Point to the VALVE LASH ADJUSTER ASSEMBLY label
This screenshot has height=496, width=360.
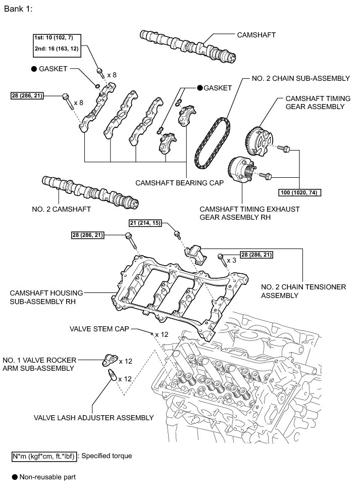click(93, 418)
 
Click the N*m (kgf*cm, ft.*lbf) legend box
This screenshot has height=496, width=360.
click(44, 456)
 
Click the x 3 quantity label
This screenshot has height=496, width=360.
click(231, 260)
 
